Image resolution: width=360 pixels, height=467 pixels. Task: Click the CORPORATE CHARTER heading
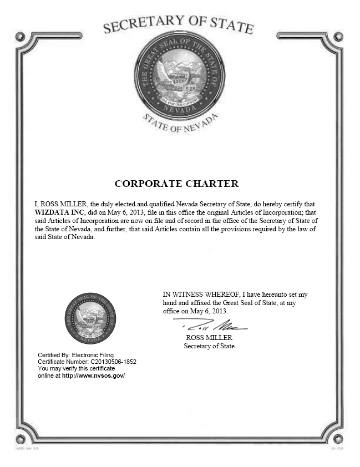(176, 184)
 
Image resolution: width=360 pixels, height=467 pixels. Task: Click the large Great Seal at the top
(179, 76)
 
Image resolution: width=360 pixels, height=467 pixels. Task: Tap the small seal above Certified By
(90, 318)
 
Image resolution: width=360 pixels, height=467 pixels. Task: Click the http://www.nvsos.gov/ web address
(93, 375)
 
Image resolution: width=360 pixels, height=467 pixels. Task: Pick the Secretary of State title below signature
(209, 346)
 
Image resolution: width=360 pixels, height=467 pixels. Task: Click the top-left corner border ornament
(21, 37)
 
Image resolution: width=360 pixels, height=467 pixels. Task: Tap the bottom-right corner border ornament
(338, 439)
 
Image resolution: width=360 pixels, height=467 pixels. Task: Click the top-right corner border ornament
(338, 37)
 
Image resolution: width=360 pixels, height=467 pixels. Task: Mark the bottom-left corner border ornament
(21, 439)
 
